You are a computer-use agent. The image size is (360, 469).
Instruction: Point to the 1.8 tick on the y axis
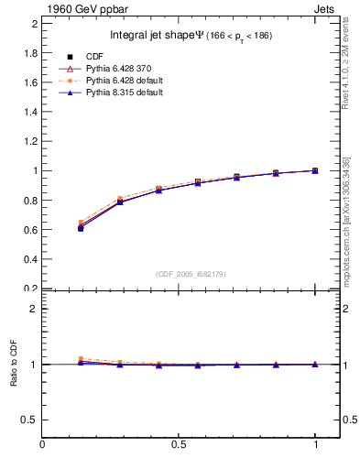30,52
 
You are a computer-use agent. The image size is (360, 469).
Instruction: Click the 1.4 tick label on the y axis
30,112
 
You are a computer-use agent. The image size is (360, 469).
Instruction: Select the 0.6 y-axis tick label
30,230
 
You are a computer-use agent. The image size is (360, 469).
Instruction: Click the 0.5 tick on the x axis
180,444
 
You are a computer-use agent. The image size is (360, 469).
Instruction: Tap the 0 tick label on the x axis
42,444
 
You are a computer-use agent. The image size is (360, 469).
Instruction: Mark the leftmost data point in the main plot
81,228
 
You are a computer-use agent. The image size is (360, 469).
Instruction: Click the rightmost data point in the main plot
315,170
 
